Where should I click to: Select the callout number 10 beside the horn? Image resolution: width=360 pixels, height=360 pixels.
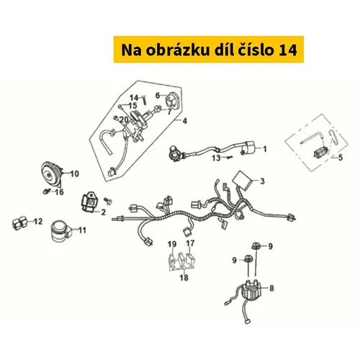[x=75, y=174]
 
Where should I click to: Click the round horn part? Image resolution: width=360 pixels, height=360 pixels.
[x=52, y=175]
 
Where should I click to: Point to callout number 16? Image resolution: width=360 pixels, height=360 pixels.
[x=60, y=192]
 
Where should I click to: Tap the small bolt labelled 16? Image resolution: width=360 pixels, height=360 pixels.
[x=46, y=192]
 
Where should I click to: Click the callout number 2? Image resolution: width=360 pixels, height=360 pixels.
[x=104, y=212]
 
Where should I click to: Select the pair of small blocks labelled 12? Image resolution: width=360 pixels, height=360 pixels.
[x=19, y=223]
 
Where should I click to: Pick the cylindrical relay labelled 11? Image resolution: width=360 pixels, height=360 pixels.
[x=60, y=230]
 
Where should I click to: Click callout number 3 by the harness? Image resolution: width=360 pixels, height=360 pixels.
[x=262, y=181]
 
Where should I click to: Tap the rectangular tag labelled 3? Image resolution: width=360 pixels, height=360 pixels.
[x=243, y=180]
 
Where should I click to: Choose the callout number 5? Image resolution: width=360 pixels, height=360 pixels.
[x=341, y=158]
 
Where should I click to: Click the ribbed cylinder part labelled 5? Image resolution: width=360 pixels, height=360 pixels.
[x=321, y=152]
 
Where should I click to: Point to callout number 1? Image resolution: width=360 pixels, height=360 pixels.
[x=265, y=149]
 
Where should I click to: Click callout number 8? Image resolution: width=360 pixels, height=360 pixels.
[x=271, y=288]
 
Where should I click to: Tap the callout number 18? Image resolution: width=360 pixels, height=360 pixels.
[x=184, y=278]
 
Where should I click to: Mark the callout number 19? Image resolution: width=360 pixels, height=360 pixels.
[x=172, y=244]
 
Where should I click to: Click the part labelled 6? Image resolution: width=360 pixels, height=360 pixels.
[x=172, y=99]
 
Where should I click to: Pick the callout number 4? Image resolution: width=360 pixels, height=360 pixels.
[x=184, y=121]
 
